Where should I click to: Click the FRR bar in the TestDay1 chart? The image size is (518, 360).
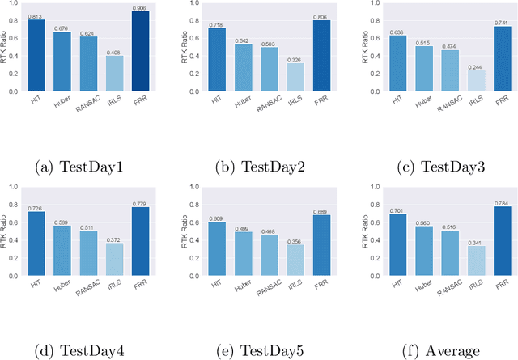140,52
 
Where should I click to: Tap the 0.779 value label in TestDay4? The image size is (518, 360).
140,202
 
